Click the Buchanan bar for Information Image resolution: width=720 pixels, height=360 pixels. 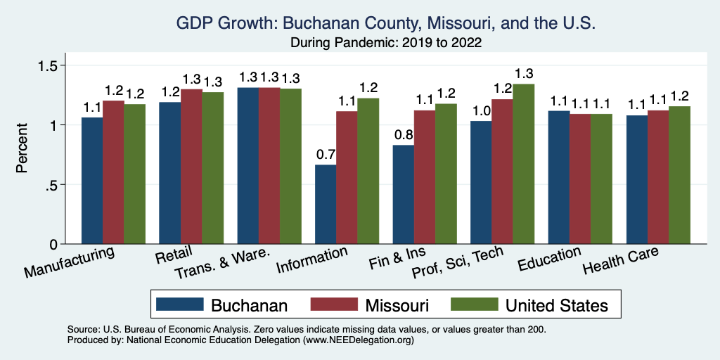326,205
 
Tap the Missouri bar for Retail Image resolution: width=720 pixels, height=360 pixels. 192,167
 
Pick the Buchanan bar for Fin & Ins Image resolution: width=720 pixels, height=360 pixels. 404,195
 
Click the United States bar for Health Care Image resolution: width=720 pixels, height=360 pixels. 680,175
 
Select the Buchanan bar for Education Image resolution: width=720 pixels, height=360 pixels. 559,177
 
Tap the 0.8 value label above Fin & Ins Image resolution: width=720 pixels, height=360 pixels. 404,134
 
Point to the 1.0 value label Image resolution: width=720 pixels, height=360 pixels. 481,110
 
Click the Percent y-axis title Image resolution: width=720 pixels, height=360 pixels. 22,149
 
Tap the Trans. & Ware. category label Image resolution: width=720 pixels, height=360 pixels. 232,264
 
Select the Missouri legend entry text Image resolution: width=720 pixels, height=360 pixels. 397,305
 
